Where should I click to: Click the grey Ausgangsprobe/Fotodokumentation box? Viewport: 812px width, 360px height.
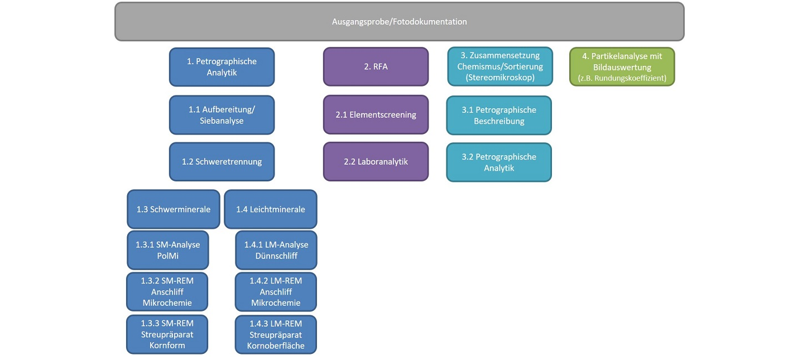tap(399, 21)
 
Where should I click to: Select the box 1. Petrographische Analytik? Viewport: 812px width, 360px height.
tap(222, 67)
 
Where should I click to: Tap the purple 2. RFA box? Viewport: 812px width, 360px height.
tap(376, 67)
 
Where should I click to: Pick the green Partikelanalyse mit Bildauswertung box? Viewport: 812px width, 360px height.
tap(622, 67)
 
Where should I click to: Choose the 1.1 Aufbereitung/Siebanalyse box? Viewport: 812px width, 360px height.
tap(222, 115)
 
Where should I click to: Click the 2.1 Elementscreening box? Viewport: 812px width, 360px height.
tap(376, 114)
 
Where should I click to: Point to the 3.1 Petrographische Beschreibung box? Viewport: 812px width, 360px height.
tap(499, 116)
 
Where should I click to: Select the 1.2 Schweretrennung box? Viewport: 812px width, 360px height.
tap(222, 162)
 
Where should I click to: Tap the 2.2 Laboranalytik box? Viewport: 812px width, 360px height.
tap(376, 161)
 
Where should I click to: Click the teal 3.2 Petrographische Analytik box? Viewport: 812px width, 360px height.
tap(499, 162)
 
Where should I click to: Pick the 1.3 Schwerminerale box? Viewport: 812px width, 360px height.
tap(173, 209)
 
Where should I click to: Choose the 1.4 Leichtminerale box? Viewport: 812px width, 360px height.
tap(271, 209)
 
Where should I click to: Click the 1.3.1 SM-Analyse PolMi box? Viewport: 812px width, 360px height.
tap(168, 250)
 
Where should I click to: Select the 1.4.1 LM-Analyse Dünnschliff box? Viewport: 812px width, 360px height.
tap(276, 250)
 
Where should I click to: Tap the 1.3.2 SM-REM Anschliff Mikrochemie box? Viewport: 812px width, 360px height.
tap(167, 292)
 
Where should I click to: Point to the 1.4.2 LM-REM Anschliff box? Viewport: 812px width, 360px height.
tap(276, 292)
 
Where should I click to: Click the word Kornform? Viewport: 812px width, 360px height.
tap(167, 345)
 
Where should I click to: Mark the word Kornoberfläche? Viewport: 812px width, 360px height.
tap(276, 345)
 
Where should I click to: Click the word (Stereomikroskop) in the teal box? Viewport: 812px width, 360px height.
tap(500, 78)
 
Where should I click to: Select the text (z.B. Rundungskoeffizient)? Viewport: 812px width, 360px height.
tap(622, 78)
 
